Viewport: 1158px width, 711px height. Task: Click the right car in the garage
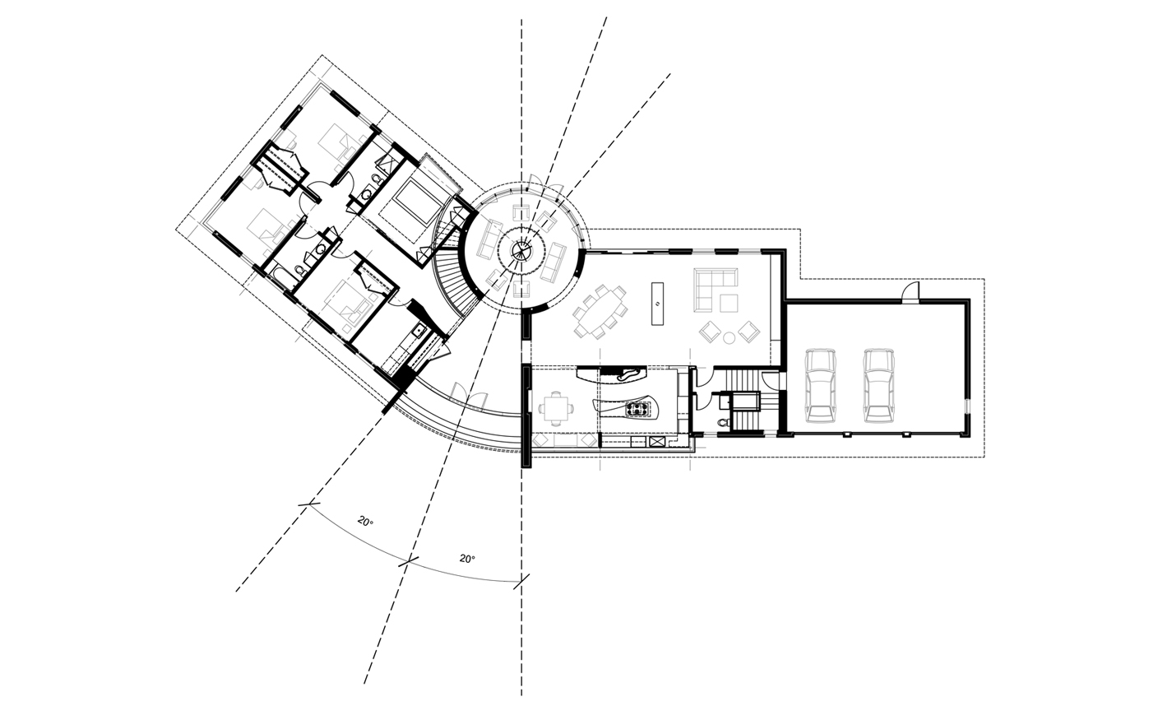coord(878,384)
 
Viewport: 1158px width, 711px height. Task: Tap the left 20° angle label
coord(365,522)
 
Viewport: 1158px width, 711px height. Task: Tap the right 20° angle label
coord(467,559)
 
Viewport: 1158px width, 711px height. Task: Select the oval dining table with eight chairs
coord(600,310)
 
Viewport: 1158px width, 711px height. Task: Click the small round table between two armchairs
coord(729,337)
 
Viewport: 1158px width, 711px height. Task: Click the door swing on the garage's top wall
coord(910,293)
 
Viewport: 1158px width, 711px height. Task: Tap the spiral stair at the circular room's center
coord(521,251)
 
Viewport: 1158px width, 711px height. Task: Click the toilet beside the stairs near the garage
coord(722,422)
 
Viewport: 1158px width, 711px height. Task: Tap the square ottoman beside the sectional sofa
coord(729,304)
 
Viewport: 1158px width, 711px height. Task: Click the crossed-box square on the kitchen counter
coord(657,442)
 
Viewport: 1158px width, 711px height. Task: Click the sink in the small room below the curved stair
coord(418,331)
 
